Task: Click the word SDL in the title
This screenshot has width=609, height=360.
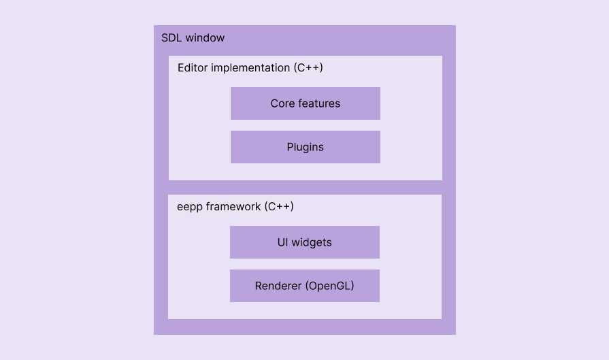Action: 171,38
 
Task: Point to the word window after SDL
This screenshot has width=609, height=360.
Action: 205,38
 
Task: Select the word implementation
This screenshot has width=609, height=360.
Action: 250,68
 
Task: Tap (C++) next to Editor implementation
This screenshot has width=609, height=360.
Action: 308,68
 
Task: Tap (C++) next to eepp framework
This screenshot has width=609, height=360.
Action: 278,206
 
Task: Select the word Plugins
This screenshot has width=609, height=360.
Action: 305,147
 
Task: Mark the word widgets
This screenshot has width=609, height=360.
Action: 312,242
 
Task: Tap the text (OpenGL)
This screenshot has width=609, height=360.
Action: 329,286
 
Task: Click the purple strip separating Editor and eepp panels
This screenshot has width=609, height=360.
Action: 305,187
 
